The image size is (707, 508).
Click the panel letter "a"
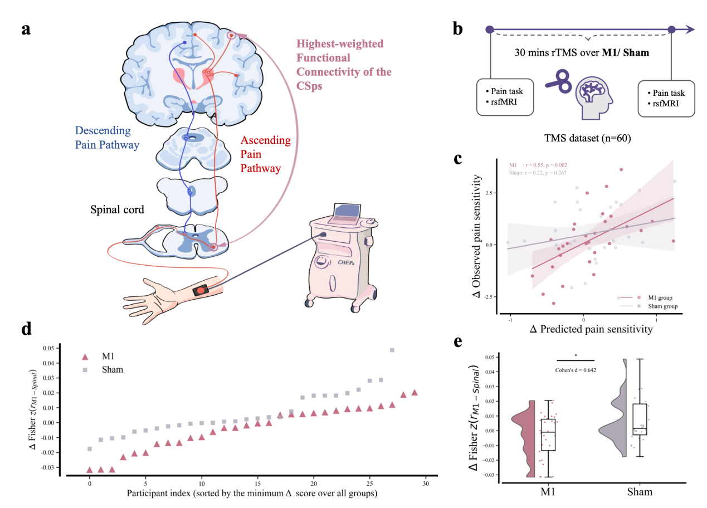26,28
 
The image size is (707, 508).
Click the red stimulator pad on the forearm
201,291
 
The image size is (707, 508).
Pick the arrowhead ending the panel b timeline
690,30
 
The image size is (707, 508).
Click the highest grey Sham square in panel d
392,350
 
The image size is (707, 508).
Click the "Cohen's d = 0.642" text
576,369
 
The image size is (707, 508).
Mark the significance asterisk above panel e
576,355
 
